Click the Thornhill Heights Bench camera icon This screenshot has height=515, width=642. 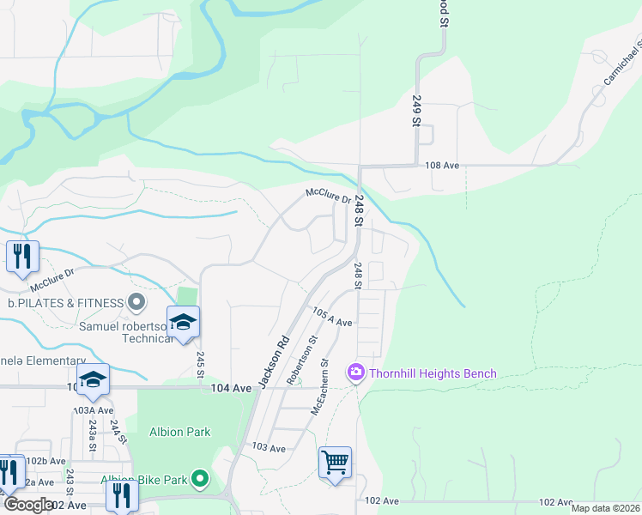pos(355,373)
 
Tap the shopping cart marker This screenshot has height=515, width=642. pos(335,463)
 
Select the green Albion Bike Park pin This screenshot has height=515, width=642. pos(200,479)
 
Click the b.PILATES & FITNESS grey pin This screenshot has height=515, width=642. pos(136,302)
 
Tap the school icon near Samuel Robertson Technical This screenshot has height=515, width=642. pos(183,322)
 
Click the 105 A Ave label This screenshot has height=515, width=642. pos(332,317)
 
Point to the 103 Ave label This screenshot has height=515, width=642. pos(268,448)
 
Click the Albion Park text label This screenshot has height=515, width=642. pos(180,432)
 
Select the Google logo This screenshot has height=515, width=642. pos(28,505)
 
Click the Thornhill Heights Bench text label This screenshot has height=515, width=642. pos(433,373)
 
